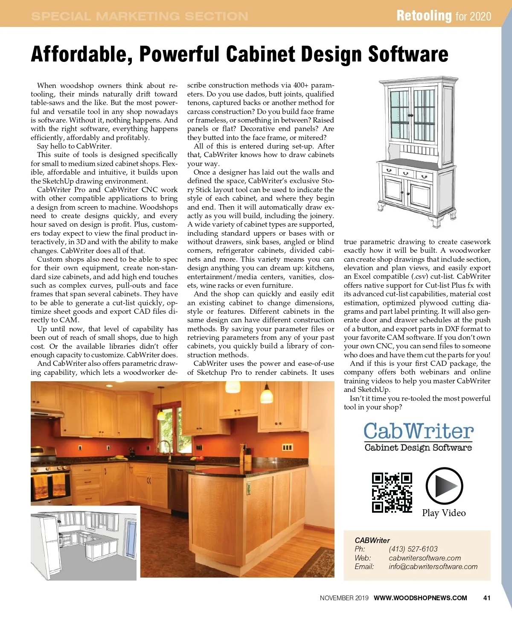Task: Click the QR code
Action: (x=392, y=492)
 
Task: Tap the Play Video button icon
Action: (x=444, y=486)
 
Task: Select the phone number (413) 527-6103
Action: (x=413, y=549)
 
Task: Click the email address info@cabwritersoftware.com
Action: (x=433, y=566)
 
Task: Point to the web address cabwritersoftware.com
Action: (x=425, y=558)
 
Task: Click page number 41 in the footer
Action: (x=486, y=598)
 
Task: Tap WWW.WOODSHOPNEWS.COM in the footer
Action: (x=420, y=598)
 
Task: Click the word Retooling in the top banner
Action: (x=424, y=16)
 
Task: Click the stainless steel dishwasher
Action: (x=178, y=487)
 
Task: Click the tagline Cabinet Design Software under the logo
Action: (x=418, y=447)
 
